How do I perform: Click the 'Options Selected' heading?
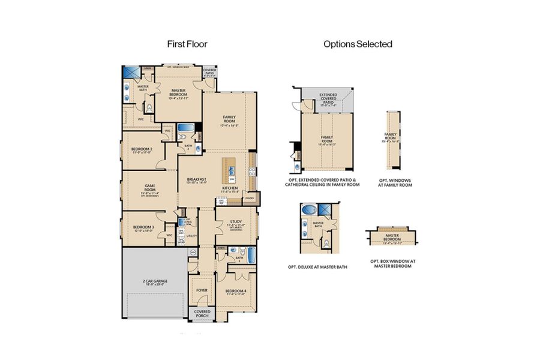(358, 44)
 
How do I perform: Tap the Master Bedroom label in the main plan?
(178, 92)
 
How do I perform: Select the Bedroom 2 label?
(142, 149)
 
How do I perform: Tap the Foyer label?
(202, 290)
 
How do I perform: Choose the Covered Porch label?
(202, 313)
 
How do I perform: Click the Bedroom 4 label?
(235, 292)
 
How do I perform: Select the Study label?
(235, 223)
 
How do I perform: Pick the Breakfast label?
(196, 180)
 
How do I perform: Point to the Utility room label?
(192, 236)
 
